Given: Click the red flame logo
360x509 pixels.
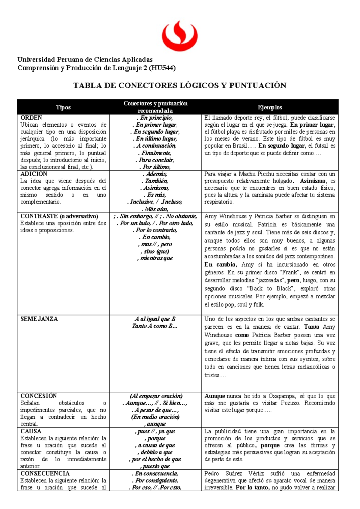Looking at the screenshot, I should point(179,36).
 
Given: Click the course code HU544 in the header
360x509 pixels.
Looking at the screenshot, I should point(162,68).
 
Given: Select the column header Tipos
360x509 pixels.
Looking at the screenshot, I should point(63,107).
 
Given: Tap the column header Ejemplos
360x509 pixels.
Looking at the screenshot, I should point(270,107).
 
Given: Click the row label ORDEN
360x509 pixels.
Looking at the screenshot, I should point(31,118).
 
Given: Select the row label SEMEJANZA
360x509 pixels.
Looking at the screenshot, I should point(39,319).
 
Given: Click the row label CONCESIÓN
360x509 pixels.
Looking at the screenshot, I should point(38,396).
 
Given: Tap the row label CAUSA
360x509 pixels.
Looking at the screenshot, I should point(31,431).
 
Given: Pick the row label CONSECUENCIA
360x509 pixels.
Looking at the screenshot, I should point(45,473).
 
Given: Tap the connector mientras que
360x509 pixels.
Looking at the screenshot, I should point(156,258).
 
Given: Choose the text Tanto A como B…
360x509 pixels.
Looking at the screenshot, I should point(155,326).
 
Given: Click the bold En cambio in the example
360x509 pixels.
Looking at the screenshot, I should point(221,264).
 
